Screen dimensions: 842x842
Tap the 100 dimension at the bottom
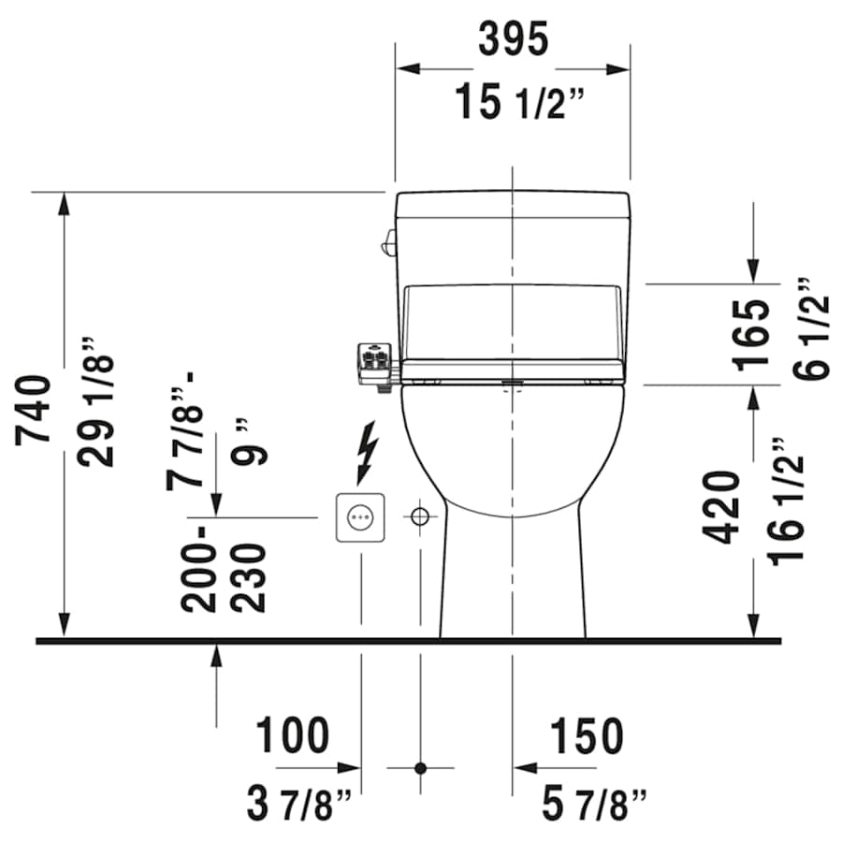[x=293, y=736]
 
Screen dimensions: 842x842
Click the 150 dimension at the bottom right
[x=586, y=736]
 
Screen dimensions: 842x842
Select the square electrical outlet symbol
[x=360, y=516]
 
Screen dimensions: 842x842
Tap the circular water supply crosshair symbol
[x=420, y=516]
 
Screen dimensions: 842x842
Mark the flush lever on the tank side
[x=385, y=244]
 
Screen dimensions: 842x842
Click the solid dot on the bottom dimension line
[x=420, y=768]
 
